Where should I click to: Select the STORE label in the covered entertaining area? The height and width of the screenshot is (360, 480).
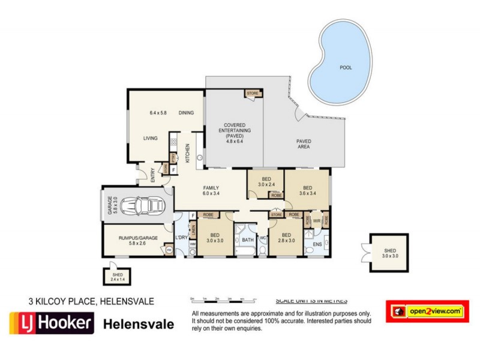point(252,94)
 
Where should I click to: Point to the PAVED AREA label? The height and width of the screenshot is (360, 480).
point(304,143)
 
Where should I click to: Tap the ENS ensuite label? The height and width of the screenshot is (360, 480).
point(318,244)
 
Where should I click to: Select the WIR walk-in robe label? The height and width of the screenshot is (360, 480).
point(316,221)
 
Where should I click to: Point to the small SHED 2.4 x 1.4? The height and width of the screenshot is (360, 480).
point(118,275)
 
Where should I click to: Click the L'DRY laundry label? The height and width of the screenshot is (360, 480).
point(181,238)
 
